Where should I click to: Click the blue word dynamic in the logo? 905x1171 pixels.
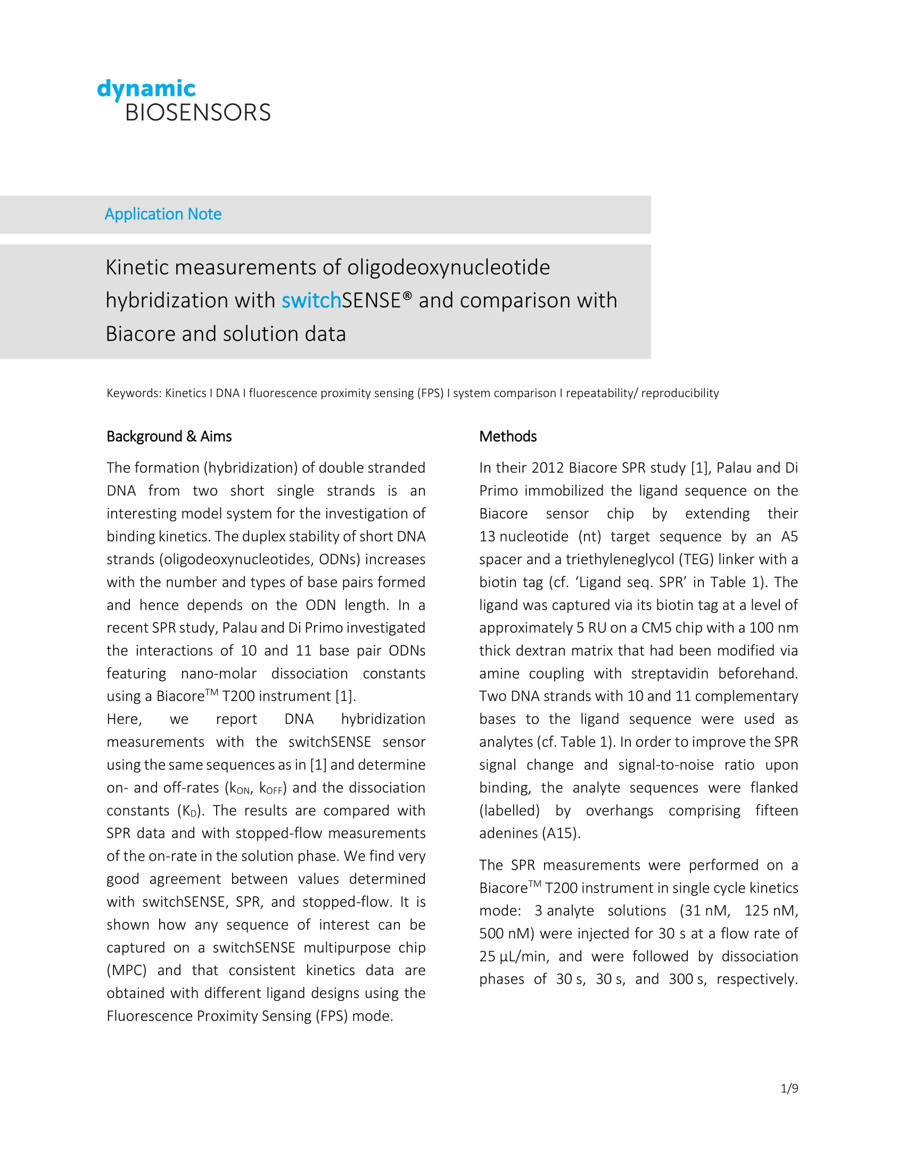click(x=146, y=88)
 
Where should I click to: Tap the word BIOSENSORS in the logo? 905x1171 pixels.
click(x=198, y=113)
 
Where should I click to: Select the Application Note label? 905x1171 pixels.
click(x=163, y=214)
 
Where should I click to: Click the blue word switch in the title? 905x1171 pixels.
click(x=311, y=300)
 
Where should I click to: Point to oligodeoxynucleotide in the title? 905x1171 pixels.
click(x=448, y=267)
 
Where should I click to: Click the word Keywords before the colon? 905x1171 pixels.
click(x=133, y=393)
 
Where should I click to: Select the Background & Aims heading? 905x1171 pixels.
click(x=169, y=436)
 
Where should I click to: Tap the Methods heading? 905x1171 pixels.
click(x=508, y=436)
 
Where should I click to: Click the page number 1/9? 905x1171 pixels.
click(x=789, y=1088)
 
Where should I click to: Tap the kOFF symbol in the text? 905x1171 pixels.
click(x=271, y=788)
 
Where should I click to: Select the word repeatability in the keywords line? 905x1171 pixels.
click(x=599, y=393)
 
